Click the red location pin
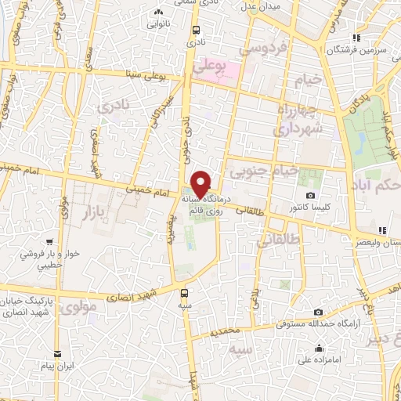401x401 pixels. pos(201,183)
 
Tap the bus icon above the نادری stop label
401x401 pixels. pos(194,31)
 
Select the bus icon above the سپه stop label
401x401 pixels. pos(184,294)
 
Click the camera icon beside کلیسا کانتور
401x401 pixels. pos(310,195)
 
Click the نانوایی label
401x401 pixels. pos(160,23)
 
